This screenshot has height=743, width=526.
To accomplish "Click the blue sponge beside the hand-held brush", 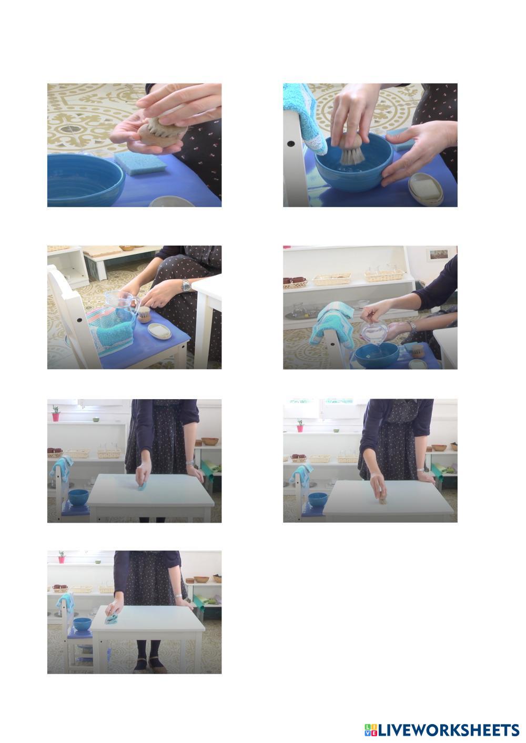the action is [140, 163].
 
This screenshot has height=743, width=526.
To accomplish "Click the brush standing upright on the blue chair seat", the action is [144, 314].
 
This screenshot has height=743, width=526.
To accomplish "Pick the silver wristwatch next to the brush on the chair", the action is [186, 285].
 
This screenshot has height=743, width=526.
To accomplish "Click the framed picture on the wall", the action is [439, 254].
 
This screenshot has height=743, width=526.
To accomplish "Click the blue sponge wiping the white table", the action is [143, 487].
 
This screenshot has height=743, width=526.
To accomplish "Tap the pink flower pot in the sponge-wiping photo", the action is [56, 416].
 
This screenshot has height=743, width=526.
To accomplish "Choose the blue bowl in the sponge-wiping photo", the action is [78, 497].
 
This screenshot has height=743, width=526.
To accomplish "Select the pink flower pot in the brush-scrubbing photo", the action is [300, 428].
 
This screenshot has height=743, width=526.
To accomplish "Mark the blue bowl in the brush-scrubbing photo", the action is [318, 500].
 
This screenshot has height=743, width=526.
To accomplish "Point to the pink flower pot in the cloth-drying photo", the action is [62, 559].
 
